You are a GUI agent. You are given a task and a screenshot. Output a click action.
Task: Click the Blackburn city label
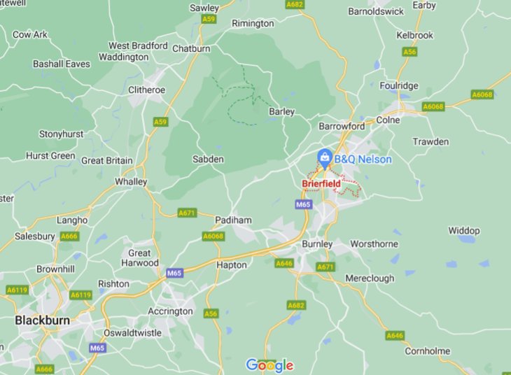43,320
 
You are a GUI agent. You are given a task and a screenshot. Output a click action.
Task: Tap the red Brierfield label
321,184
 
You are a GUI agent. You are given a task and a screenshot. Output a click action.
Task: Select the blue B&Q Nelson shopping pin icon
325,158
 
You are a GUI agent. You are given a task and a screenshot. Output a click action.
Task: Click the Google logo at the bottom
269,365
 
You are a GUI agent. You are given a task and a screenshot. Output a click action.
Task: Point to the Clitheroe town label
146,90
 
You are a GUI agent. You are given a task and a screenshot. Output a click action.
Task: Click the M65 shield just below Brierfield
303,204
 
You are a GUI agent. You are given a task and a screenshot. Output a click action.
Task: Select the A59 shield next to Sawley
209,20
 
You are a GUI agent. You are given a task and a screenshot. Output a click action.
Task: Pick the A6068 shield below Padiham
213,236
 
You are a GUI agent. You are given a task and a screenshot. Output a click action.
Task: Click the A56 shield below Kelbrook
409,52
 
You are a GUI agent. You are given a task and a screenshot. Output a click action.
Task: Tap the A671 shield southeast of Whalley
187,213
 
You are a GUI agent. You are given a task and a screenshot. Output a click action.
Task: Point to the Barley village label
281,111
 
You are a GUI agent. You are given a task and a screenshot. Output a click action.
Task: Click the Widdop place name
463,230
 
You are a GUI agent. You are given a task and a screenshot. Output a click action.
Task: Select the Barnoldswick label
376,11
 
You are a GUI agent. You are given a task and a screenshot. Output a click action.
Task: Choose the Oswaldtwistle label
132,332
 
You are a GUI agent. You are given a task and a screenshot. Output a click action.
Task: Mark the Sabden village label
208,160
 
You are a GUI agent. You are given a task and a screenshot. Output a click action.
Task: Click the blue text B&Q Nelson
363,160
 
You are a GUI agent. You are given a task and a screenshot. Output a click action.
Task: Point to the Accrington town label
170,311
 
